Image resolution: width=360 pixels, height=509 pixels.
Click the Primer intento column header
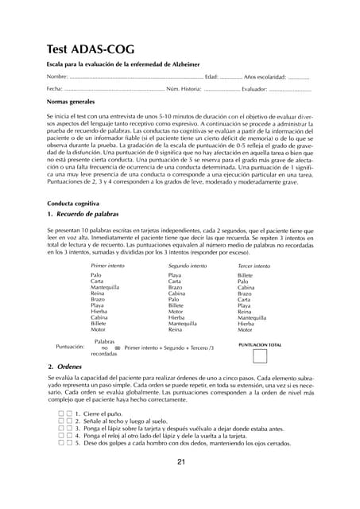click(x=108, y=265)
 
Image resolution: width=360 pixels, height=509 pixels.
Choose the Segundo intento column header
click(x=188, y=265)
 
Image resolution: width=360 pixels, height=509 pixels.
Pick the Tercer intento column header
click(x=254, y=265)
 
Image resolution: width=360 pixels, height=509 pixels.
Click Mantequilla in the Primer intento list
click(x=105, y=288)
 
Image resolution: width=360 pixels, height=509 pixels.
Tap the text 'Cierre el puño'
click(x=104, y=414)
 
